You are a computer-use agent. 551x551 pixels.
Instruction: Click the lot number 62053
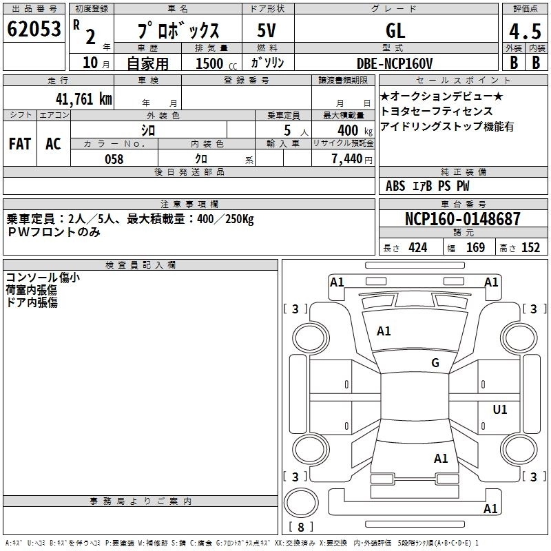[34, 30]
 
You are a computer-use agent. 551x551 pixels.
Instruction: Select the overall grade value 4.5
[524, 32]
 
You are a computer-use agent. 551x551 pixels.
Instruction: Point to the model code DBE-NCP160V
[395, 63]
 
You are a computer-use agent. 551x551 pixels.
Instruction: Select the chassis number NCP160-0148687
[463, 219]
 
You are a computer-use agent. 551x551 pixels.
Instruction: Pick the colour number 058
[114, 159]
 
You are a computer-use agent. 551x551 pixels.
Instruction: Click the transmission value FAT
[20, 143]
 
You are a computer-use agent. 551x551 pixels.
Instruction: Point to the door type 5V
[267, 30]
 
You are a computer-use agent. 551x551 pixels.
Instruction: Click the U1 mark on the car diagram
[500, 410]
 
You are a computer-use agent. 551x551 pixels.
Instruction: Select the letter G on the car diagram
[435, 363]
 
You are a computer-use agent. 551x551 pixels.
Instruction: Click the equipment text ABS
[395, 186]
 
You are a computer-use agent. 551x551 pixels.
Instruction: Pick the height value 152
[530, 248]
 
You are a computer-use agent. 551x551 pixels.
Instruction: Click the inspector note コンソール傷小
[43, 278]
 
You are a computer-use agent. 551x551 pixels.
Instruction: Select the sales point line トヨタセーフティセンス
[437, 111]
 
